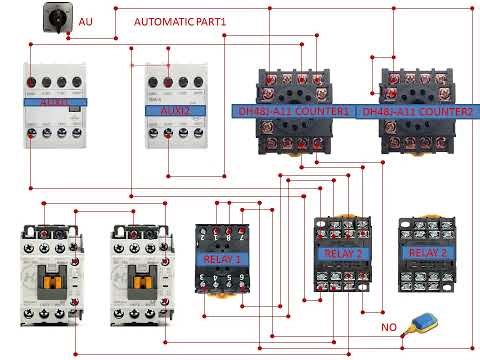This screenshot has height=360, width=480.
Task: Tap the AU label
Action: pyautogui.click(x=85, y=20)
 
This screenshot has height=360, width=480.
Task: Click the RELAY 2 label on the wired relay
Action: pyautogui.click(x=345, y=253)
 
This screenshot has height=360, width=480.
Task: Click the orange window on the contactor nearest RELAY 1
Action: pyautogui.click(x=137, y=281)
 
